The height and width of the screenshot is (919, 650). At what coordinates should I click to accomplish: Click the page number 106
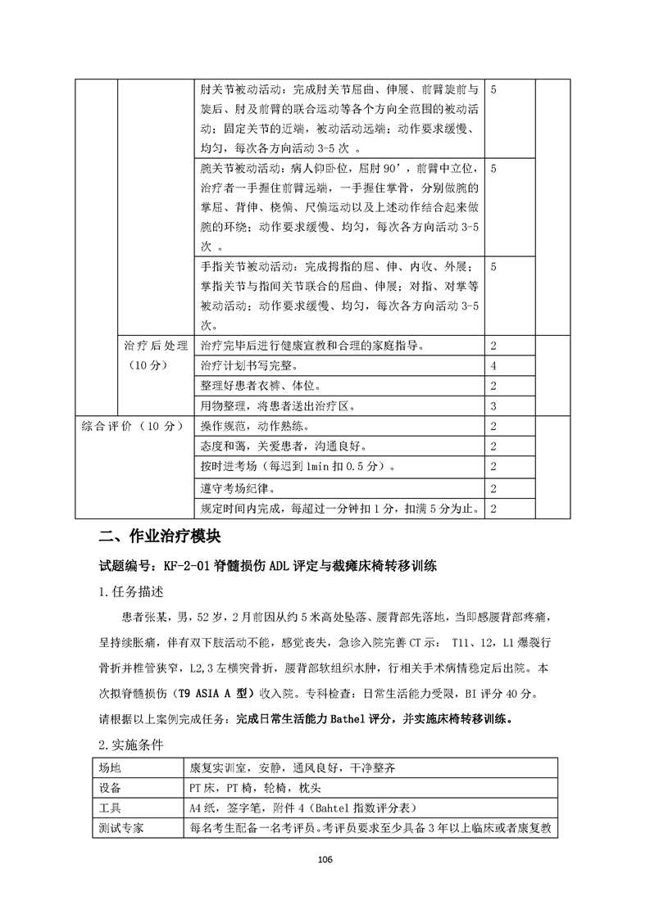pos(325,859)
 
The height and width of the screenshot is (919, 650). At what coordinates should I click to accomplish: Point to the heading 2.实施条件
pos(130,745)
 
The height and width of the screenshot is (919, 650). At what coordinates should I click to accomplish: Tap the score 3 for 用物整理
pos(493,405)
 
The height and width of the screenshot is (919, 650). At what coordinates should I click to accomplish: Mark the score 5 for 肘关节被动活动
pos(493,88)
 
